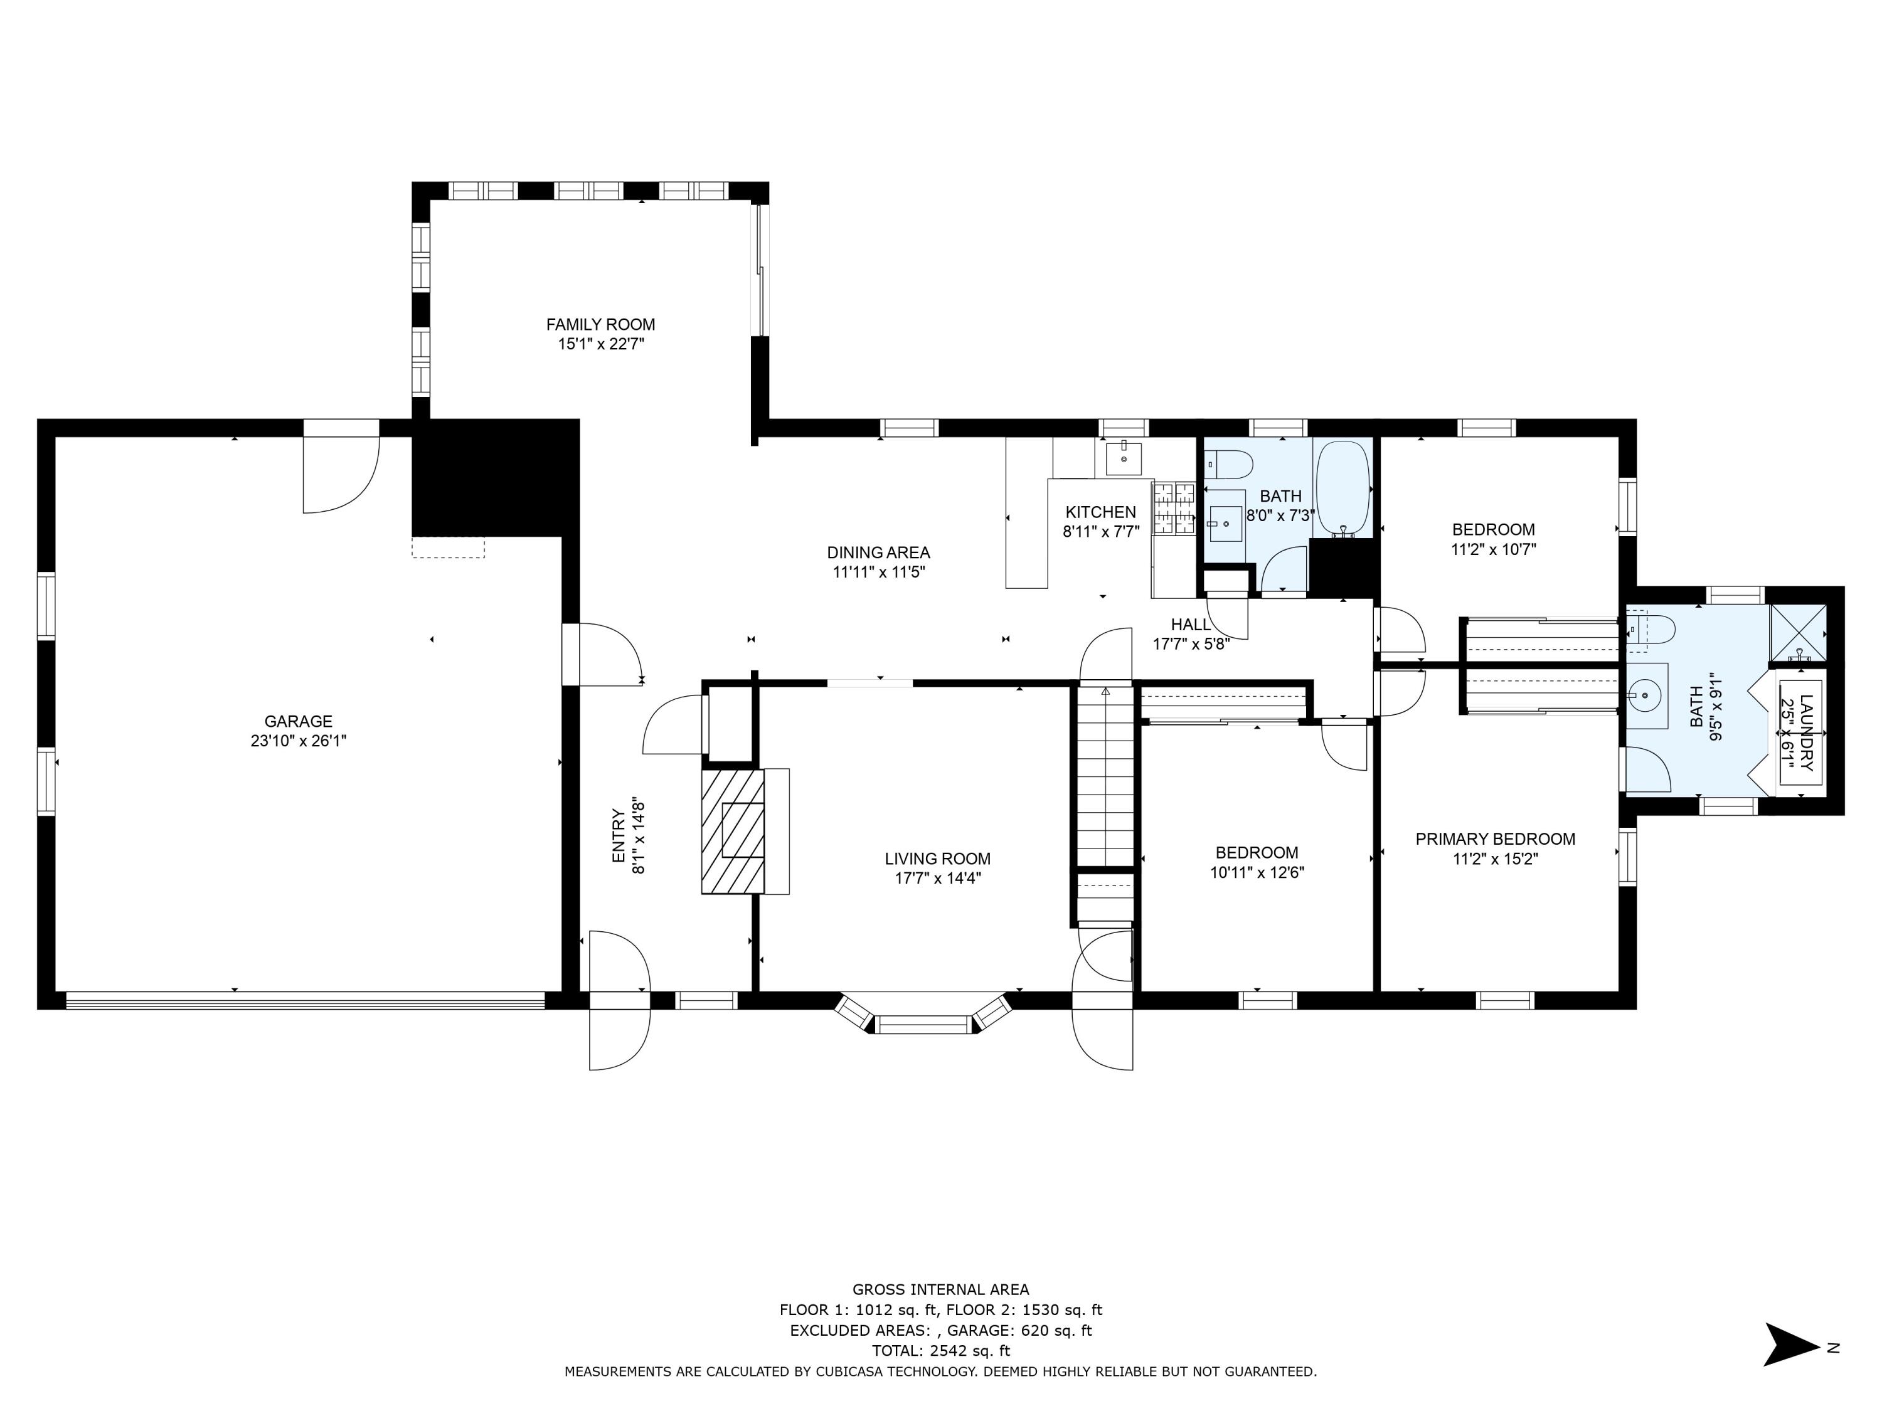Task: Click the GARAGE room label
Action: (x=298, y=721)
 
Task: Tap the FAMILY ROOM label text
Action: (x=601, y=324)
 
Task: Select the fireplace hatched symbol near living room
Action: (x=733, y=831)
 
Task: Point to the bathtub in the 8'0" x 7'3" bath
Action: (x=1342, y=489)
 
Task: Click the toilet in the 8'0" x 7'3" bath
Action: (x=1230, y=465)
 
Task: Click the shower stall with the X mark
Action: (x=1798, y=632)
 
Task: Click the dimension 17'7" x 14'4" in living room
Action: (x=938, y=879)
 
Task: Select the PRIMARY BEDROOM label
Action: (x=1495, y=838)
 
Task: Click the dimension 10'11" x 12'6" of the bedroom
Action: (x=1257, y=872)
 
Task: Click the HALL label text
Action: (x=1190, y=624)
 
